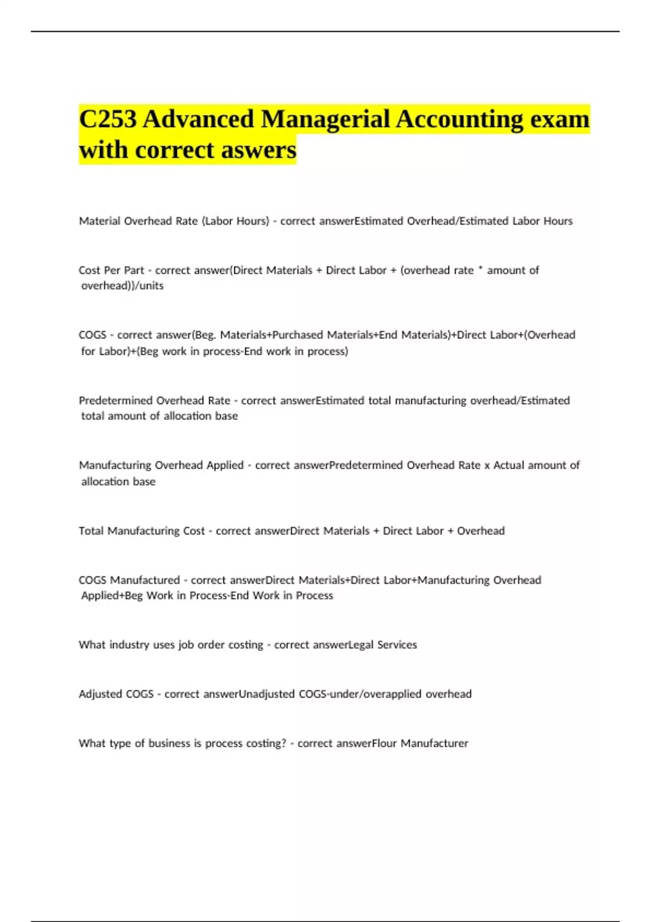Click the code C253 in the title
(x=107, y=119)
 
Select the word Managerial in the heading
(x=325, y=119)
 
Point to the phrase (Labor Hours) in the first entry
(x=235, y=221)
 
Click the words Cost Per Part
(x=111, y=270)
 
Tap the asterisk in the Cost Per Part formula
(x=480, y=270)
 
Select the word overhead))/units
(x=122, y=286)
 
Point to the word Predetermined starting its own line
(x=115, y=400)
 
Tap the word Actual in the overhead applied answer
(x=508, y=465)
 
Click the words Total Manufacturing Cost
(x=142, y=531)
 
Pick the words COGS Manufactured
(x=129, y=580)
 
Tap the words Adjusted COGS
(x=116, y=694)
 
